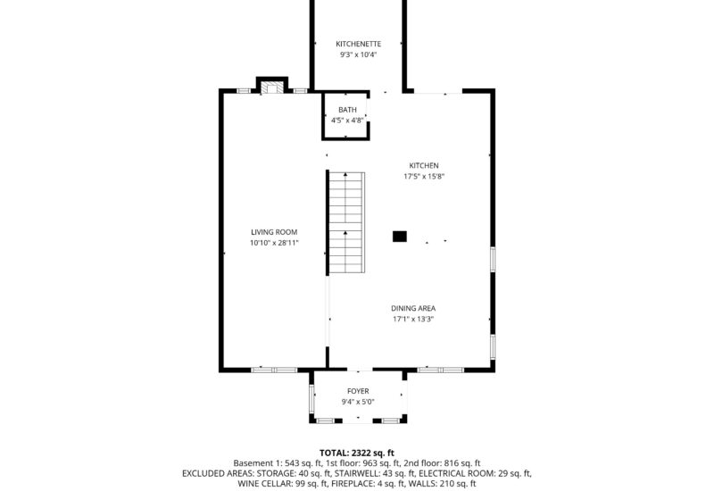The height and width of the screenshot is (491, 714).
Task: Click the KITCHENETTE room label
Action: [x=359, y=44]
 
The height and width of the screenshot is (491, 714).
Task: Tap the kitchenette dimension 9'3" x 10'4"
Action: [x=359, y=55]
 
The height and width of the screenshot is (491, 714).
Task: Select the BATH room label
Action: [x=347, y=110]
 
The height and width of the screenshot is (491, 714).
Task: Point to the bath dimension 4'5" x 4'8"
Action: [x=347, y=121]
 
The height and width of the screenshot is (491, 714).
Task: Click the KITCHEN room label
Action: [x=423, y=165]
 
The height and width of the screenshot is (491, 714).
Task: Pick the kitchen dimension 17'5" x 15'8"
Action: [x=423, y=177]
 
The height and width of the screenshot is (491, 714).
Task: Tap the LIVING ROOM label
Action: [x=274, y=232]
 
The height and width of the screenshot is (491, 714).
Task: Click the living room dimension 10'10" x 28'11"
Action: [x=274, y=243]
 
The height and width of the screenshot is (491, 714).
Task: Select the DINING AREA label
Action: [x=413, y=308]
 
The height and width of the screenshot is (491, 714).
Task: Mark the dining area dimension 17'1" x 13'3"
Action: [x=413, y=320]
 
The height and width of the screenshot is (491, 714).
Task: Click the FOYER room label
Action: [x=358, y=391]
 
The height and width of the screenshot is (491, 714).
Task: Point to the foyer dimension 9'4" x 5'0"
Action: [x=358, y=402]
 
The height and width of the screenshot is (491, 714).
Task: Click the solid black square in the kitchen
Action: [x=400, y=237]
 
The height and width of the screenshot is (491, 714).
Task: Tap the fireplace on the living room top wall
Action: [x=273, y=87]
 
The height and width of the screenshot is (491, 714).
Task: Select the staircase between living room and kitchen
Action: [x=345, y=223]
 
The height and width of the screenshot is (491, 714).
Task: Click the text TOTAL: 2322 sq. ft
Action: [x=357, y=453]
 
